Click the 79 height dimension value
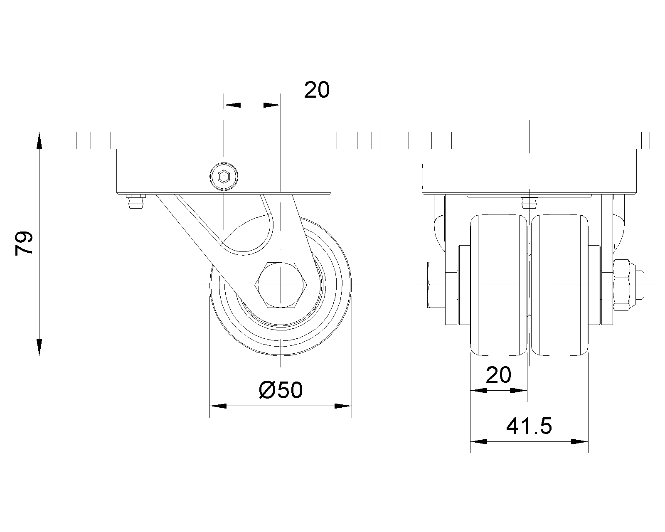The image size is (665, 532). coord(24,243)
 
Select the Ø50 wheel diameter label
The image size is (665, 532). coord(281,390)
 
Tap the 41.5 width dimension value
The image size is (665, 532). coord(529,426)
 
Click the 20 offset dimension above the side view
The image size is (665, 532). coord(317,90)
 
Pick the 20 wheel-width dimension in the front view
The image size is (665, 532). coord(498,375)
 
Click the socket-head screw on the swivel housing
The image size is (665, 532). coord(224,177)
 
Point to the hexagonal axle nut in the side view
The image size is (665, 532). coord(281,285)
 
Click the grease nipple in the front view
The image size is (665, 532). coord(530,202)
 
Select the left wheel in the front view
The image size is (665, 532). coord(498,285)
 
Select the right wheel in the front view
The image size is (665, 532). coord(559,285)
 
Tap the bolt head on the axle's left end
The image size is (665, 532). coord(436,285)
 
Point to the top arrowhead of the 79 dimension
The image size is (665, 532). coord(39,140)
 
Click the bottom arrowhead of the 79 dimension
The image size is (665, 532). coord(39,347)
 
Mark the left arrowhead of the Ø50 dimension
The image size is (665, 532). coord(218,406)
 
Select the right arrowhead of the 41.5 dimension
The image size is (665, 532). coord(580,442)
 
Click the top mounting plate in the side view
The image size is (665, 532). coord(224,140)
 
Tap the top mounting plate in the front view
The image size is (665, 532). coord(530,140)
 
